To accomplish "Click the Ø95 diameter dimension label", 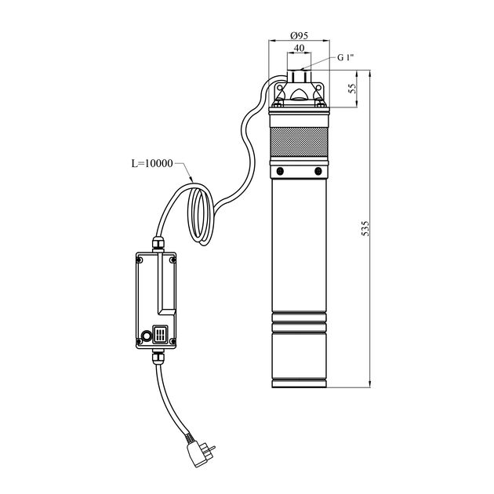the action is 299,35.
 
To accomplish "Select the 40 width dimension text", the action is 299,48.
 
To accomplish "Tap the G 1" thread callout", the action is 346,58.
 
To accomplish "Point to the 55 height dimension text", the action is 353,89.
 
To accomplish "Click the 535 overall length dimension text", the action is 365,228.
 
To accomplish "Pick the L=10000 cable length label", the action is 152,163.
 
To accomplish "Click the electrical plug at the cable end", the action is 199,452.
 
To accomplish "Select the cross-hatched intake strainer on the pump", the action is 299,142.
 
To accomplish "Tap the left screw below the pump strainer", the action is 280,171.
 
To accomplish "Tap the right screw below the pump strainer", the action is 318,171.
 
